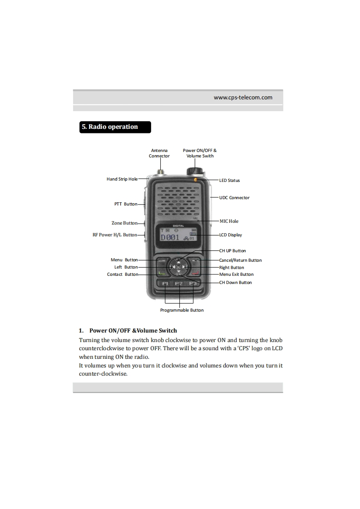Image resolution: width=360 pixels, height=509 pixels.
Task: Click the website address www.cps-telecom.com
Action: [243, 97]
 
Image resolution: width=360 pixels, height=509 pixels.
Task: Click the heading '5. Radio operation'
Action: [109, 127]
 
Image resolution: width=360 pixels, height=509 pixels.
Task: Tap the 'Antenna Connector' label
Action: [159, 153]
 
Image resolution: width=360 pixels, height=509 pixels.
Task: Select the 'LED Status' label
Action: [229, 181]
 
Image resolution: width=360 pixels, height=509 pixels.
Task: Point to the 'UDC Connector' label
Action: [234, 198]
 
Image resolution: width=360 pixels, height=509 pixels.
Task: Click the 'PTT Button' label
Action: [126, 204]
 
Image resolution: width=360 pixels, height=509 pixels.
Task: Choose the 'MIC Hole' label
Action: [229, 221]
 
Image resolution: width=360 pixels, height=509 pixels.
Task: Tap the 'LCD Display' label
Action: [231, 235]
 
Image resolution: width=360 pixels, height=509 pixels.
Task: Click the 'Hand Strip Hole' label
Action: [122, 179]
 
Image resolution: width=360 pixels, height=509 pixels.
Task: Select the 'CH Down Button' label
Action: [235, 283]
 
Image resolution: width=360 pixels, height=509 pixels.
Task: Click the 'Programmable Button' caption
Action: [182, 310]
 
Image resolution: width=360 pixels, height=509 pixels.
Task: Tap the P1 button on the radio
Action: [166, 284]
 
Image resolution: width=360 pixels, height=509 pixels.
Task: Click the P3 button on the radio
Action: [193, 284]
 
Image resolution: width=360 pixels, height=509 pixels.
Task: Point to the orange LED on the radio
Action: [196, 180]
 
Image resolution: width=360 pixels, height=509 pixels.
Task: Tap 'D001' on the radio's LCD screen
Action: [170, 237]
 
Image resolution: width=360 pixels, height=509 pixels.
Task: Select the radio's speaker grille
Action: [179, 200]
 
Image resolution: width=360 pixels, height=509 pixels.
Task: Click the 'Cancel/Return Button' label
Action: [240, 260]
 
